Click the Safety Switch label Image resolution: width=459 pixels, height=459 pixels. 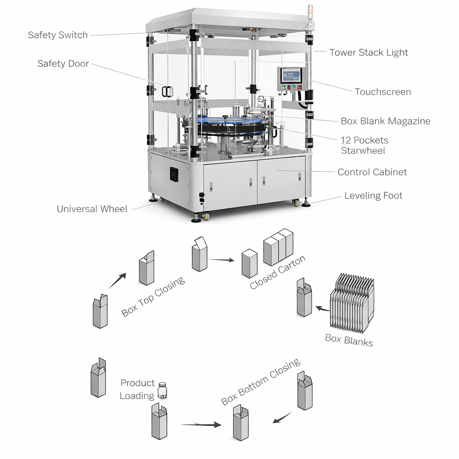point(58,35)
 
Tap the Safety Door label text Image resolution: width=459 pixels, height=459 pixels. point(63,64)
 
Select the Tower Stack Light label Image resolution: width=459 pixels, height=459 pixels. point(368,52)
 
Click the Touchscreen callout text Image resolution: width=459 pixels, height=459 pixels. point(382,92)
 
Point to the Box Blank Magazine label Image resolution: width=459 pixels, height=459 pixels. point(385,121)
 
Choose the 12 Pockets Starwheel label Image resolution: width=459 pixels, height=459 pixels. point(364,145)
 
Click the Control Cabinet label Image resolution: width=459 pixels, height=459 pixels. point(372,172)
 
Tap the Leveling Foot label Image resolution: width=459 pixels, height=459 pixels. point(373,196)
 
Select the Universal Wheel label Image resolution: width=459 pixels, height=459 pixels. point(92,209)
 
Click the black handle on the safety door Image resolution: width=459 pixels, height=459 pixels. point(167,91)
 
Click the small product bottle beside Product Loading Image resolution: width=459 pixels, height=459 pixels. point(162,390)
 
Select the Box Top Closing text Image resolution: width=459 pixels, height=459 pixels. point(153,296)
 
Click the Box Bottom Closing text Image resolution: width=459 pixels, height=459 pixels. point(260,382)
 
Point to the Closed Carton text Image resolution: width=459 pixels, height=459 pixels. point(277,272)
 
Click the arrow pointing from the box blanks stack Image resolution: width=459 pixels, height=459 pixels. point(322,308)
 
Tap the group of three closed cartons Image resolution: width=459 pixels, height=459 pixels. point(278,247)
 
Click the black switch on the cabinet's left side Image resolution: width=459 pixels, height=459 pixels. point(174,174)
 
